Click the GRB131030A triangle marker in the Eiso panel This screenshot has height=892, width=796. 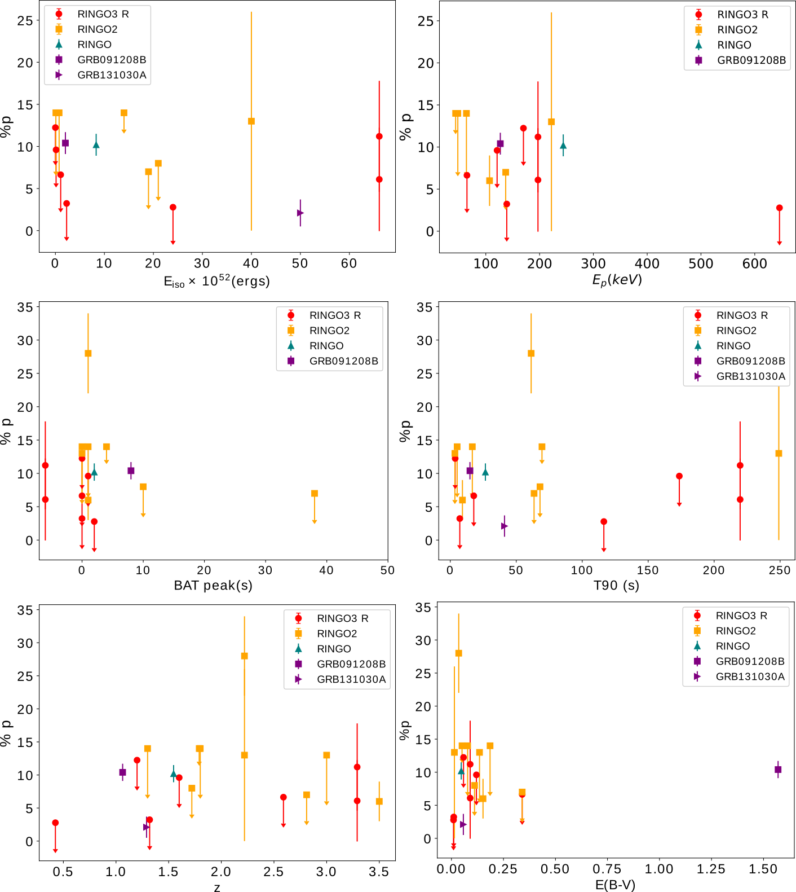(300, 213)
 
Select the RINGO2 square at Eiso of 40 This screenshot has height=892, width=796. (251, 121)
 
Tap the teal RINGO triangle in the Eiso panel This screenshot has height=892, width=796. (96, 145)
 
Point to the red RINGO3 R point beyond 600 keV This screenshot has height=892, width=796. (780, 208)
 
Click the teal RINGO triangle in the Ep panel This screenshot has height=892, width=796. (563, 146)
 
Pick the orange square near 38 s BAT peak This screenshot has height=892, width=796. (315, 493)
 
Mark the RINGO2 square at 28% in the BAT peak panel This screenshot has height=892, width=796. (88, 353)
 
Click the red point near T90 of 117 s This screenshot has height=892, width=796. (604, 521)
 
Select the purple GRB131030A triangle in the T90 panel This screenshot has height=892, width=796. (505, 526)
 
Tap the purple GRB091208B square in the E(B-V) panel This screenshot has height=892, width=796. (778, 770)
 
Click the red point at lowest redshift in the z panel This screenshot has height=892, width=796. (55, 823)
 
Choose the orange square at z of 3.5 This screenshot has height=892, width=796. (379, 801)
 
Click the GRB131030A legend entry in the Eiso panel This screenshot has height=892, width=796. (112, 75)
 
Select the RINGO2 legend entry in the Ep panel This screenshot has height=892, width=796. (737, 30)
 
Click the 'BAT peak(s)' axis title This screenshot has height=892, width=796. (213, 586)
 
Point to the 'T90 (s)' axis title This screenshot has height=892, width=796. (616, 586)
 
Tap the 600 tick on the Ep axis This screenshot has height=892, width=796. (755, 263)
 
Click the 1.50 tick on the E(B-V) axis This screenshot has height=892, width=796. (763, 869)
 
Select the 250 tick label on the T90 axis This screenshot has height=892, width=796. (780, 570)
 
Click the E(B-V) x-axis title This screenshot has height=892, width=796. (615, 885)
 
